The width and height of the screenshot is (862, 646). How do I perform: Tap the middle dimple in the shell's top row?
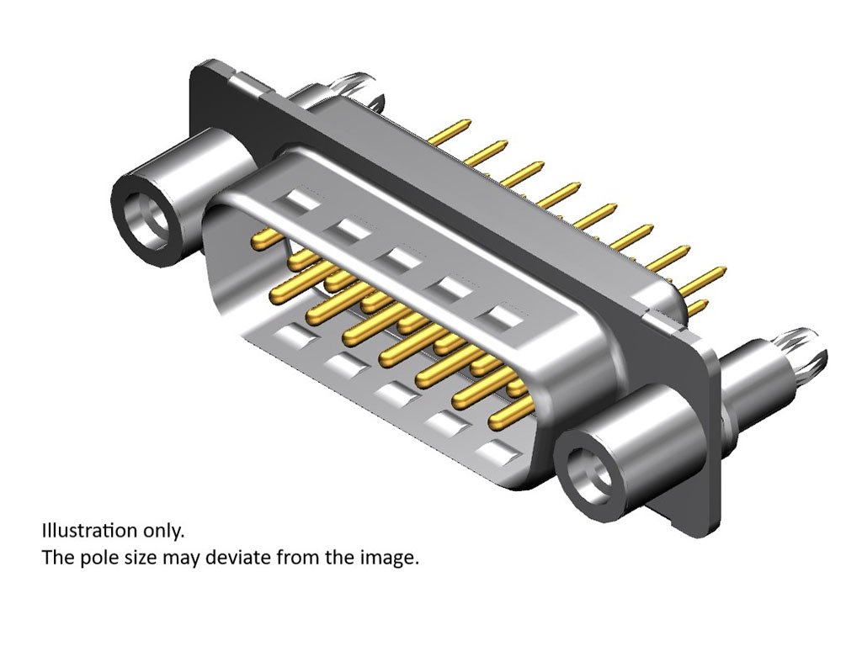click(396, 259)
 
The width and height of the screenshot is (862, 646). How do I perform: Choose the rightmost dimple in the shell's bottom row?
click(498, 451)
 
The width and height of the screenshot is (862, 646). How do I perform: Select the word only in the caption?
click(162, 532)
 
